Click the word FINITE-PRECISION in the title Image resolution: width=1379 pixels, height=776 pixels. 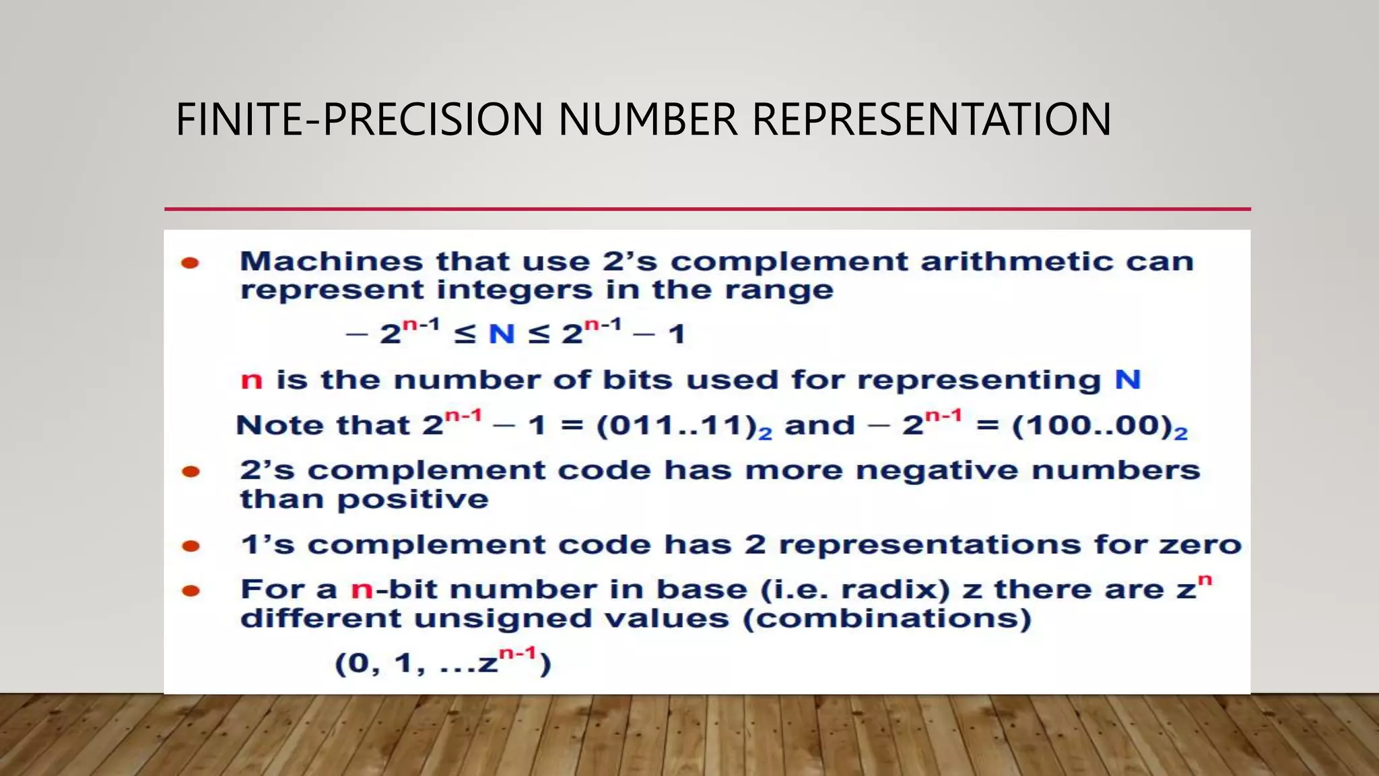(x=359, y=120)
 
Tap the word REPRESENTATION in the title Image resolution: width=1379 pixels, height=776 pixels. (x=931, y=120)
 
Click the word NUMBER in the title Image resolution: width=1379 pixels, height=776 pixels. (x=647, y=120)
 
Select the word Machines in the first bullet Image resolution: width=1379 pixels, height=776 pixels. (x=331, y=261)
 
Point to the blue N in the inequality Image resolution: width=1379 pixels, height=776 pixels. (x=502, y=333)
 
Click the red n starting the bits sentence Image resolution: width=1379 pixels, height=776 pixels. (x=251, y=381)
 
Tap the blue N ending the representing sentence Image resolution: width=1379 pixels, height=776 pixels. (x=1127, y=380)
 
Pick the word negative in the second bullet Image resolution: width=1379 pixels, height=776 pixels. (x=937, y=470)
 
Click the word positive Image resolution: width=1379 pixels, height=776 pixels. (x=413, y=500)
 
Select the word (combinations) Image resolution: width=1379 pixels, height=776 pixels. (x=887, y=619)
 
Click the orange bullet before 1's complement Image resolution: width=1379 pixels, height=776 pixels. (x=191, y=546)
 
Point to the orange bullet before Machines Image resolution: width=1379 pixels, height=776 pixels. (x=191, y=263)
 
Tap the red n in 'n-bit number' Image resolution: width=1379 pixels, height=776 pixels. (x=362, y=591)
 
